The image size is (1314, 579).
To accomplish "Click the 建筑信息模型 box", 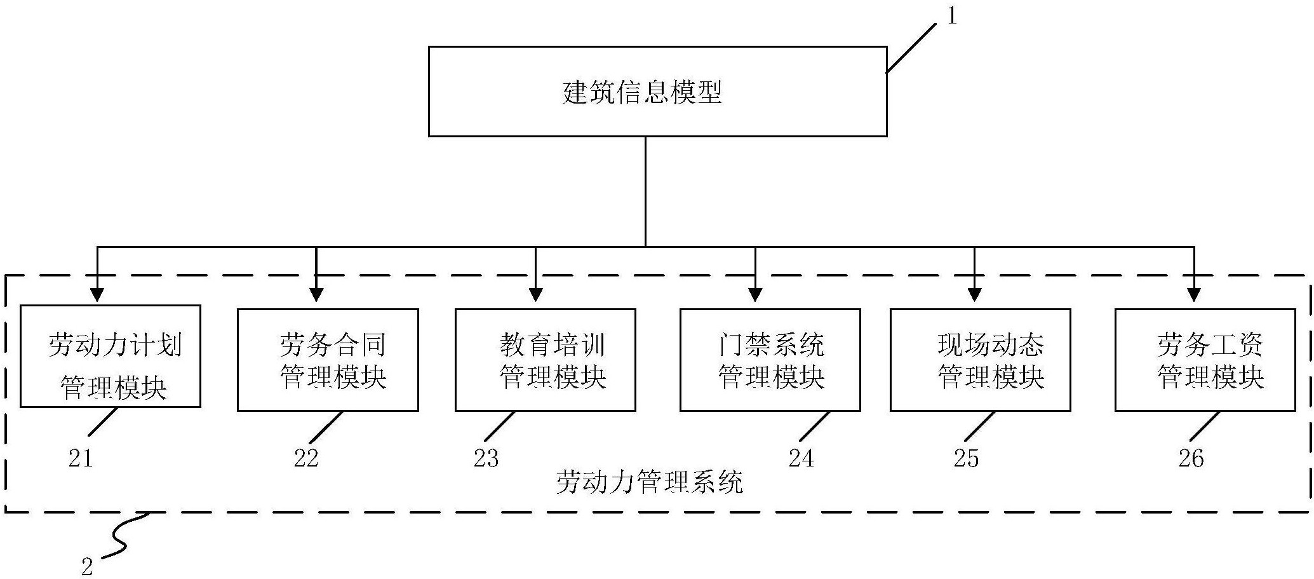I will coord(657,92).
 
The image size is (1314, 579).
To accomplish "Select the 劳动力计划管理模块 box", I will coord(111,357).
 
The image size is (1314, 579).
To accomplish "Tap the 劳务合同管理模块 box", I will coord(328,360).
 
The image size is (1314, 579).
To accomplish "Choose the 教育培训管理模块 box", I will coord(545,360).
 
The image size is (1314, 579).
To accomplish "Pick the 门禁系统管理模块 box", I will coord(770,360).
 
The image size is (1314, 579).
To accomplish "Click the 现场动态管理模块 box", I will coord(980,360).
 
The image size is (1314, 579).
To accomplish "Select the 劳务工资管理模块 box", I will coord(1205,360).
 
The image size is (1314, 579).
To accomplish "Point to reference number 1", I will coord(951,17).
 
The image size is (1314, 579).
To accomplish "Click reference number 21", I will coord(81,458).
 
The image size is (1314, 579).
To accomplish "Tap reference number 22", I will coord(305,458).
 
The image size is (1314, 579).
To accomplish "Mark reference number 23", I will coord(486,458).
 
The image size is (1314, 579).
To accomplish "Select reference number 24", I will coord(801,458).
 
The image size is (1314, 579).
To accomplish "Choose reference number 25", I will coord(966,458).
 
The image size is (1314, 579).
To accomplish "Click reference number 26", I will coord(1191,458).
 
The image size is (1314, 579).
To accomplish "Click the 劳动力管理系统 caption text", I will coord(649,483).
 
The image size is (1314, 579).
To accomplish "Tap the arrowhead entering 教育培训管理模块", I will coord(535,294).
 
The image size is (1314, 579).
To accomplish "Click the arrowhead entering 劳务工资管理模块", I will coord(1194,294).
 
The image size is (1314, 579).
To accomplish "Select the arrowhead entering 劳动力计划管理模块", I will coord(97,294).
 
